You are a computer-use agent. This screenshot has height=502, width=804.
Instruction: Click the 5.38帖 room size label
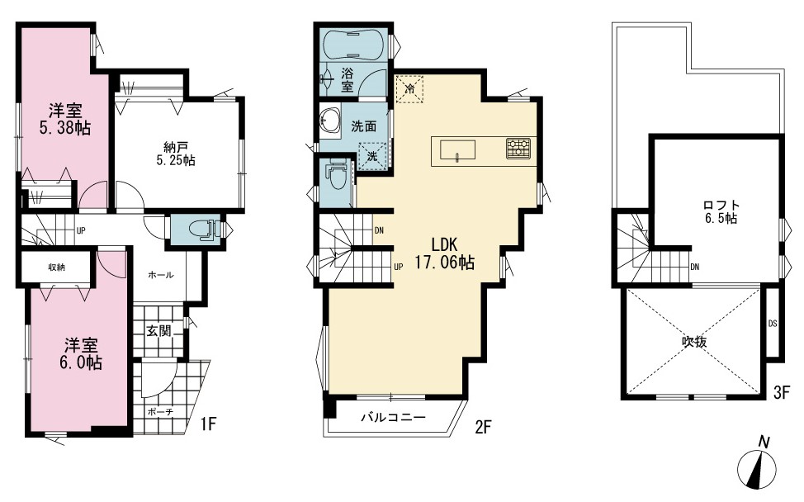coord(65,128)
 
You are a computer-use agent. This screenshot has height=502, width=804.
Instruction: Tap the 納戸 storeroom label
coord(176,148)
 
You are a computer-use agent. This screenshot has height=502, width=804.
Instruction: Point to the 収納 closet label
coord(56,268)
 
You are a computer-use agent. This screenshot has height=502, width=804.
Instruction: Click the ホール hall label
coord(160,275)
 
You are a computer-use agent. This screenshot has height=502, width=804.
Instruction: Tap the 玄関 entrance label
coord(158,331)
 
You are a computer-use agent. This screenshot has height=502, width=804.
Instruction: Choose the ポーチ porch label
coord(160,411)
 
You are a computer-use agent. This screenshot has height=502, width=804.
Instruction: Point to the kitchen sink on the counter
coord(456,151)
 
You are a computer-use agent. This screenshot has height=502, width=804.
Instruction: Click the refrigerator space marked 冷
coord(409,89)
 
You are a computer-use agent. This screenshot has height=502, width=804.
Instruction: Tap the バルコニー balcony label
coord(393,417)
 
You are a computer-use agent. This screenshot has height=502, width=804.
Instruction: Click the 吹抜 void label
coord(694,342)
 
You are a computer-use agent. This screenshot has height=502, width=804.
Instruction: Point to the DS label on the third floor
coord(772,324)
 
